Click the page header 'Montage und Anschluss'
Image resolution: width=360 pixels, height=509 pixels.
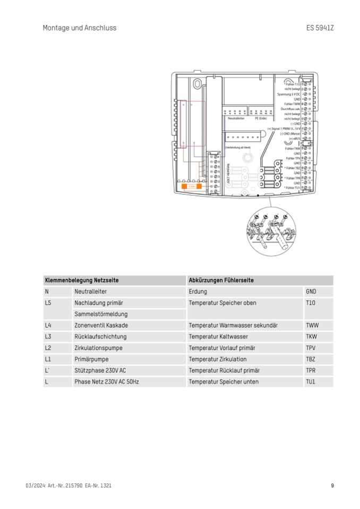pyautogui.click(x=79, y=28)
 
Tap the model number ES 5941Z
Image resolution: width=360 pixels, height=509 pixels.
pyautogui.click(x=320, y=28)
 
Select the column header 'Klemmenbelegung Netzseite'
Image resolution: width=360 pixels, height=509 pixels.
pyautogui.click(x=82, y=280)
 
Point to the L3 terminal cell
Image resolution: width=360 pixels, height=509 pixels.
pyautogui.click(x=48, y=337)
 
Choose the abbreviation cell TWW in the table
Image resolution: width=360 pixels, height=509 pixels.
pyautogui.click(x=312, y=325)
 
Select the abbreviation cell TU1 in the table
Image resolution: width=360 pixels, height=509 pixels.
pyautogui.click(x=311, y=382)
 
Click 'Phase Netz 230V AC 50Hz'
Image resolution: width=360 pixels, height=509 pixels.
pyautogui.click(x=106, y=382)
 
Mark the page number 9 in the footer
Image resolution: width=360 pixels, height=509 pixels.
pyautogui.click(x=332, y=485)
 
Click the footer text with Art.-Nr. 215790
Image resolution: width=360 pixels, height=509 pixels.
pyautogui.click(x=68, y=485)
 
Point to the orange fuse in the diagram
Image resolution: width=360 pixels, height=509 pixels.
pyautogui.click(x=191, y=187)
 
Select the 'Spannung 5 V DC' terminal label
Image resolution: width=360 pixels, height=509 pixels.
pyautogui.click(x=288, y=93)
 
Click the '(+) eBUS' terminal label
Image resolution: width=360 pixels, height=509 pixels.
pyautogui.click(x=294, y=138)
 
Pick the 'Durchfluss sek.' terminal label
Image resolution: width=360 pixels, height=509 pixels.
pyautogui.click(x=290, y=109)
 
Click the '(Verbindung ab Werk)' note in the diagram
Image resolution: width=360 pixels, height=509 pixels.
pyautogui.click(x=237, y=146)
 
